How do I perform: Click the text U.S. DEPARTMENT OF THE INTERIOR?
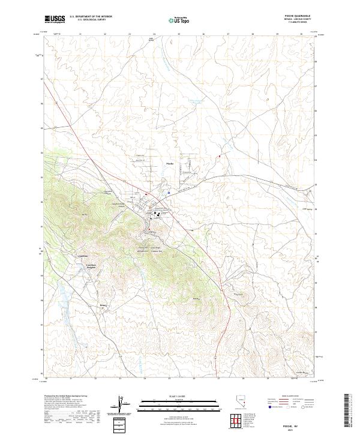[91, 17]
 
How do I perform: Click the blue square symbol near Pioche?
[169, 193]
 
